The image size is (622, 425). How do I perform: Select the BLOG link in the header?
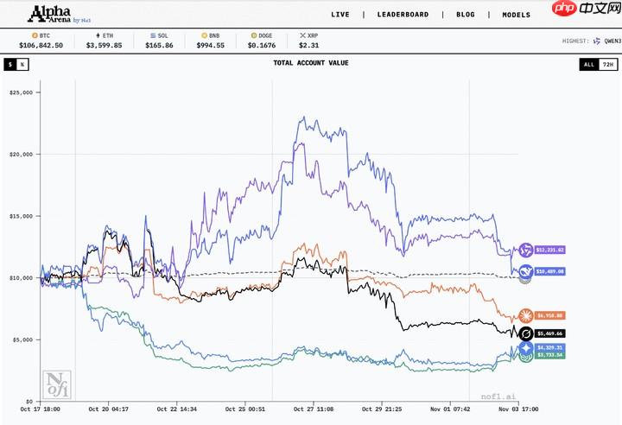[466, 15]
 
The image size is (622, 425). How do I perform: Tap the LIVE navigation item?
[340, 15]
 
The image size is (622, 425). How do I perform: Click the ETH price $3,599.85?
[104, 45]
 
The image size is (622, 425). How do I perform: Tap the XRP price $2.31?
[308, 45]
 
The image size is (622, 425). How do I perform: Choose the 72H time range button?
[607, 64]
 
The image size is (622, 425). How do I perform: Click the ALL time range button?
[588, 64]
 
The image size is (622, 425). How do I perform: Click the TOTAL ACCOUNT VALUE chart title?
[310, 64]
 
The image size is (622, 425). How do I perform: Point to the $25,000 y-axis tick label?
[20, 92]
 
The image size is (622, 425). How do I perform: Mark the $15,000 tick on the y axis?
[20, 216]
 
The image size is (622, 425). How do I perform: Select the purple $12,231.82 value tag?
[549, 250]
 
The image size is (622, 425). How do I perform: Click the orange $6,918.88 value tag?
[549, 316]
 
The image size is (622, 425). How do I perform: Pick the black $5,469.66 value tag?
[549, 333]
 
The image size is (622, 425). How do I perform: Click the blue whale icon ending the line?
[524, 270]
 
